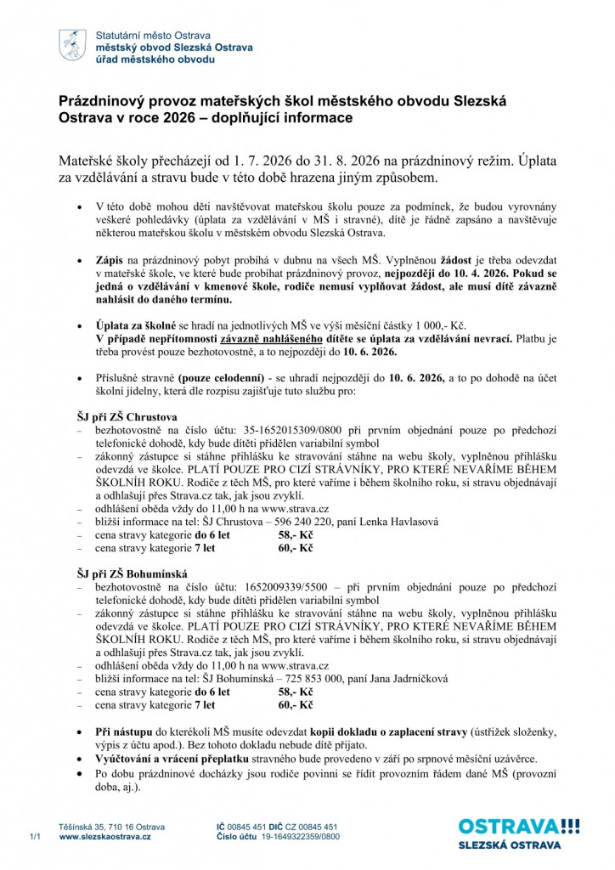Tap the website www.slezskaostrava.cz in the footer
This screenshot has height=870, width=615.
(x=105, y=837)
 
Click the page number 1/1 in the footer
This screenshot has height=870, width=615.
(x=35, y=837)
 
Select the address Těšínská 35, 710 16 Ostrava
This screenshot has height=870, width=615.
(x=111, y=826)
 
